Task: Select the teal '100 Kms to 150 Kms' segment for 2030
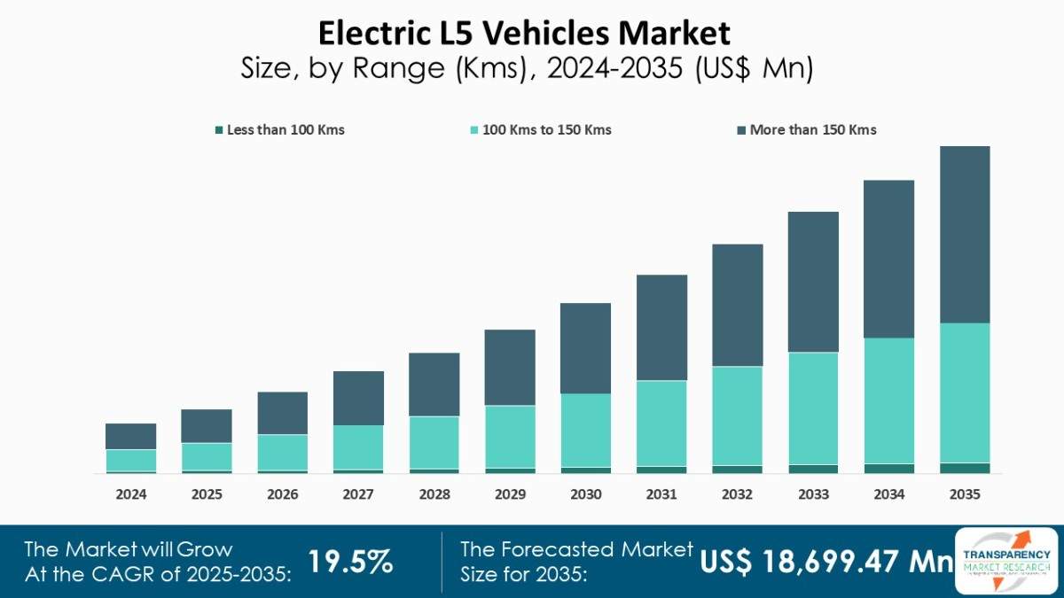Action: click(585, 430)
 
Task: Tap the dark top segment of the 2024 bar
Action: click(130, 436)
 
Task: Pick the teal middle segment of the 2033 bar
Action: click(813, 408)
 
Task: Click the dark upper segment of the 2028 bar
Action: click(434, 384)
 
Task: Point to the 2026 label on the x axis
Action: click(282, 494)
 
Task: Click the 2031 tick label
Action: click(661, 494)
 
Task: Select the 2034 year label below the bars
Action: click(888, 494)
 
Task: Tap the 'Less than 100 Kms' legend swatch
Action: click(219, 130)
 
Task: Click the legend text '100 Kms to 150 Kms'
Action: click(546, 130)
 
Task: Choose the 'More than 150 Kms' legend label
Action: click(812, 130)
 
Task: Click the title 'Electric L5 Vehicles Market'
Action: click(525, 34)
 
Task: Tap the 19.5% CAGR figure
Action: click(350, 561)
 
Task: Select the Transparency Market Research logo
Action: click(1006, 559)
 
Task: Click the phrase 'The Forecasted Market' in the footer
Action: click(576, 549)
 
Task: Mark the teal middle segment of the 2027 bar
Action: click(358, 447)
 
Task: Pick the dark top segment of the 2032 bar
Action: click(737, 305)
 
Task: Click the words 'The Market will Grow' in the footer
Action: click(128, 549)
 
